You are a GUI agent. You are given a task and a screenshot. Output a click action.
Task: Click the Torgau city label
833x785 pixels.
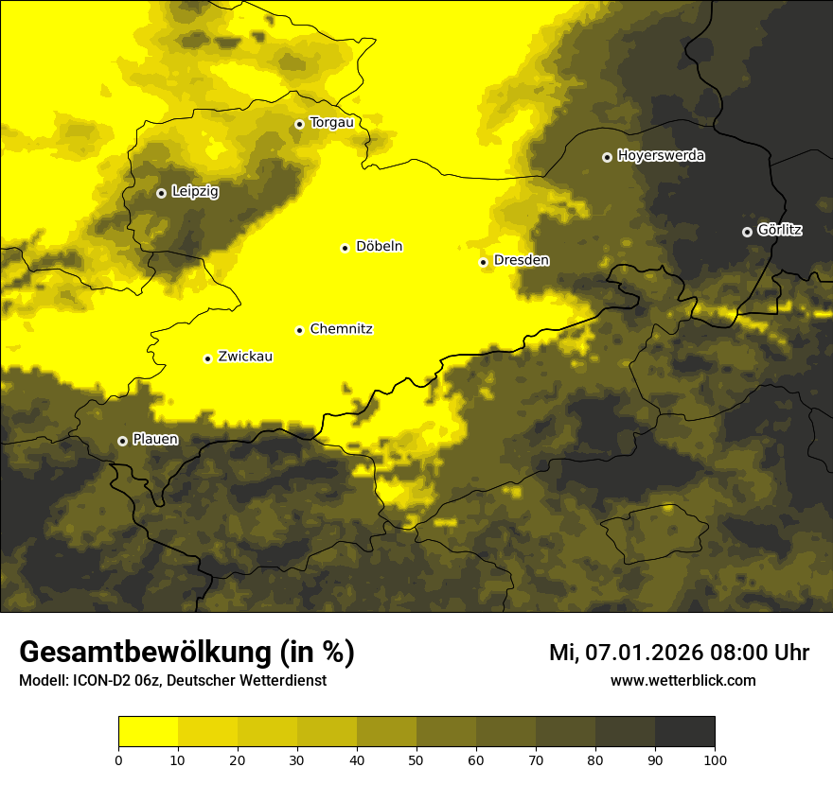click(331, 123)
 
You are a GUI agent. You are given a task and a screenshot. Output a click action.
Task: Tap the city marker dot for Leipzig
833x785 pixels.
click(161, 193)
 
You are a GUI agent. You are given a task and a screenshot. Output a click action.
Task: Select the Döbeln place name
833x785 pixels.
click(379, 247)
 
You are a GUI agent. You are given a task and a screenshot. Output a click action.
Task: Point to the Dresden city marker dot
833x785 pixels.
click(483, 262)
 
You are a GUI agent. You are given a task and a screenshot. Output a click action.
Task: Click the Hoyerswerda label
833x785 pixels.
click(661, 156)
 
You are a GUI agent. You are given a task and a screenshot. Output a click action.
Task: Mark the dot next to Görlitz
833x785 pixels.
click(747, 232)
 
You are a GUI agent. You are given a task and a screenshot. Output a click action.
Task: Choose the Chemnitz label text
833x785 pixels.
click(341, 329)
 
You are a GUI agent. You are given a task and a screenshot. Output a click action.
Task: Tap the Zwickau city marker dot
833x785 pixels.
click(207, 358)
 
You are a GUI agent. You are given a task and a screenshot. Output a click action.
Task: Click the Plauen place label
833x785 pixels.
click(155, 440)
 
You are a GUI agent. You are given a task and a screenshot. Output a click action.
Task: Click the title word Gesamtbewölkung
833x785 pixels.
click(147, 653)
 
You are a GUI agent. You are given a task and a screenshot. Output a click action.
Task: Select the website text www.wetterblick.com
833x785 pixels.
click(683, 680)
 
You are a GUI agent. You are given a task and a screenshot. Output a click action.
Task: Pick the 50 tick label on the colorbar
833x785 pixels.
click(416, 759)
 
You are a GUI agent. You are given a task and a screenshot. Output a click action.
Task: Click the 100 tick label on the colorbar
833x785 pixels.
click(715, 759)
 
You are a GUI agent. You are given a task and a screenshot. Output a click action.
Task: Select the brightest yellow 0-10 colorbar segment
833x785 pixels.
click(148, 732)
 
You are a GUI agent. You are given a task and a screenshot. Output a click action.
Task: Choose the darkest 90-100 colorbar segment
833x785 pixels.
click(684, 732)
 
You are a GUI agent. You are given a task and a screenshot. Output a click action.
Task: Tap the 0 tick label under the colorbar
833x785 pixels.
click(118, 759)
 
